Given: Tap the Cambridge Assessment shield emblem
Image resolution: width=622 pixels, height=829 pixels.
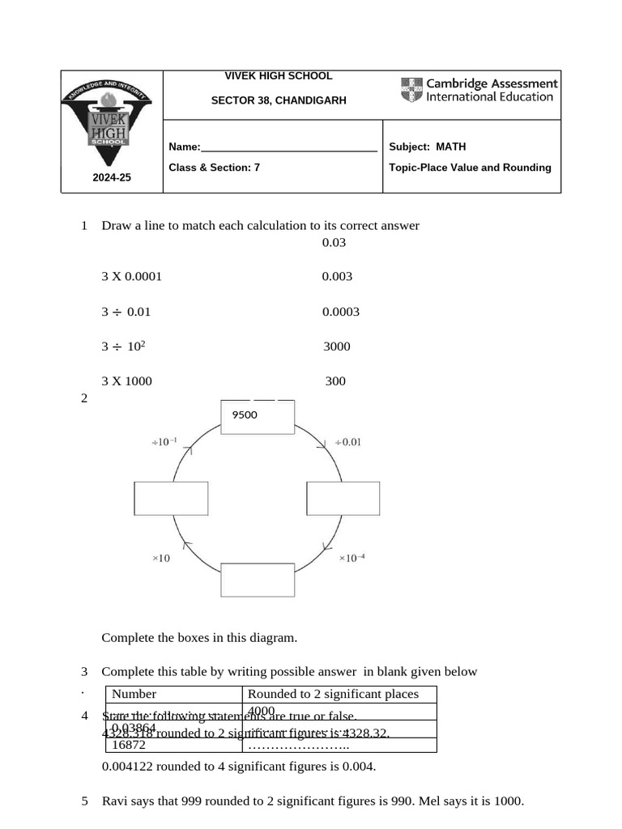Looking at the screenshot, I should click(411, 90).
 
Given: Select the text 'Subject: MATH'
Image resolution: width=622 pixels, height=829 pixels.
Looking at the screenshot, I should click(427, 147).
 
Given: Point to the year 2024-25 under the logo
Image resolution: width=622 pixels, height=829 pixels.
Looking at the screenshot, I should click(111, 177).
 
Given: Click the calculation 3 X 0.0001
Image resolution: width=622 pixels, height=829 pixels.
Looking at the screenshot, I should click(131, 276).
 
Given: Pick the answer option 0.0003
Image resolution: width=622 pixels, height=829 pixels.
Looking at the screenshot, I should click(340, 312).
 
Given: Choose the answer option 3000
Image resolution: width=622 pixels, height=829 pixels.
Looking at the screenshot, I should click(337, 346).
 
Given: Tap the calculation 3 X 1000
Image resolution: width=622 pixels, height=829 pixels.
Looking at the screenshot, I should click(126, 381).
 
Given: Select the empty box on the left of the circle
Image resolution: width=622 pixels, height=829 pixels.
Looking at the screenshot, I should click(171, 498).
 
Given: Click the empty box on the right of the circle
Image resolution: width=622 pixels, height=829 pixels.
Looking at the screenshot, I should click(343, 498).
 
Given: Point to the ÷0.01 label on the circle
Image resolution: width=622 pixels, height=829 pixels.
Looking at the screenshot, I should click(347, 442).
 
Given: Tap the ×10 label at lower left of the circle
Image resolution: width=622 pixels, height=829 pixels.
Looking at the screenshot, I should click(161, 558).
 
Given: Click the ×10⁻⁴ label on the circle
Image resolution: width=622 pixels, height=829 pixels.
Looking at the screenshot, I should click(351, 558).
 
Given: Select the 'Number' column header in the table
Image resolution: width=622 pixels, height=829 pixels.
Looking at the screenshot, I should click(134, 694).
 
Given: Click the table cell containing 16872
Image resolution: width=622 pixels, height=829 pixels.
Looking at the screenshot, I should click(129, 744).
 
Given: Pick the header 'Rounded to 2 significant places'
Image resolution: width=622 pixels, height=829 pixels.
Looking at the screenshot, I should click(333, 694).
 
